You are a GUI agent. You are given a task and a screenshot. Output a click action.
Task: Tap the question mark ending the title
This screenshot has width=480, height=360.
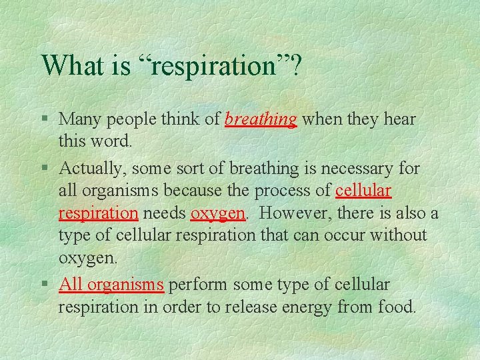tap(294, 65)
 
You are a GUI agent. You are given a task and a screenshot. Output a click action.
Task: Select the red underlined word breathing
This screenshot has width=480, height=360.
tap(261, 119)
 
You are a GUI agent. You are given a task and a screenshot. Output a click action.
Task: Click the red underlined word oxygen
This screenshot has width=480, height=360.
tap(218, 213)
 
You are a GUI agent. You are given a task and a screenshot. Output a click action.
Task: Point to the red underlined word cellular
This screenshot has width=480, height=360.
tap(363, 190)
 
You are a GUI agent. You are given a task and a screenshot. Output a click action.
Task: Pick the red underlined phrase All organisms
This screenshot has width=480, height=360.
tap(111, 285)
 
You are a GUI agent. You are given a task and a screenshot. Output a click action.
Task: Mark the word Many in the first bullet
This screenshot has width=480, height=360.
tap(79, 119)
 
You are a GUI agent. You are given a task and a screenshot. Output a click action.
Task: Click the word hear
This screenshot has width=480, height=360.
tap(399, 119)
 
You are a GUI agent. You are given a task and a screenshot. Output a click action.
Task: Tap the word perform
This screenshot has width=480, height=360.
tap(197, 285)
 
